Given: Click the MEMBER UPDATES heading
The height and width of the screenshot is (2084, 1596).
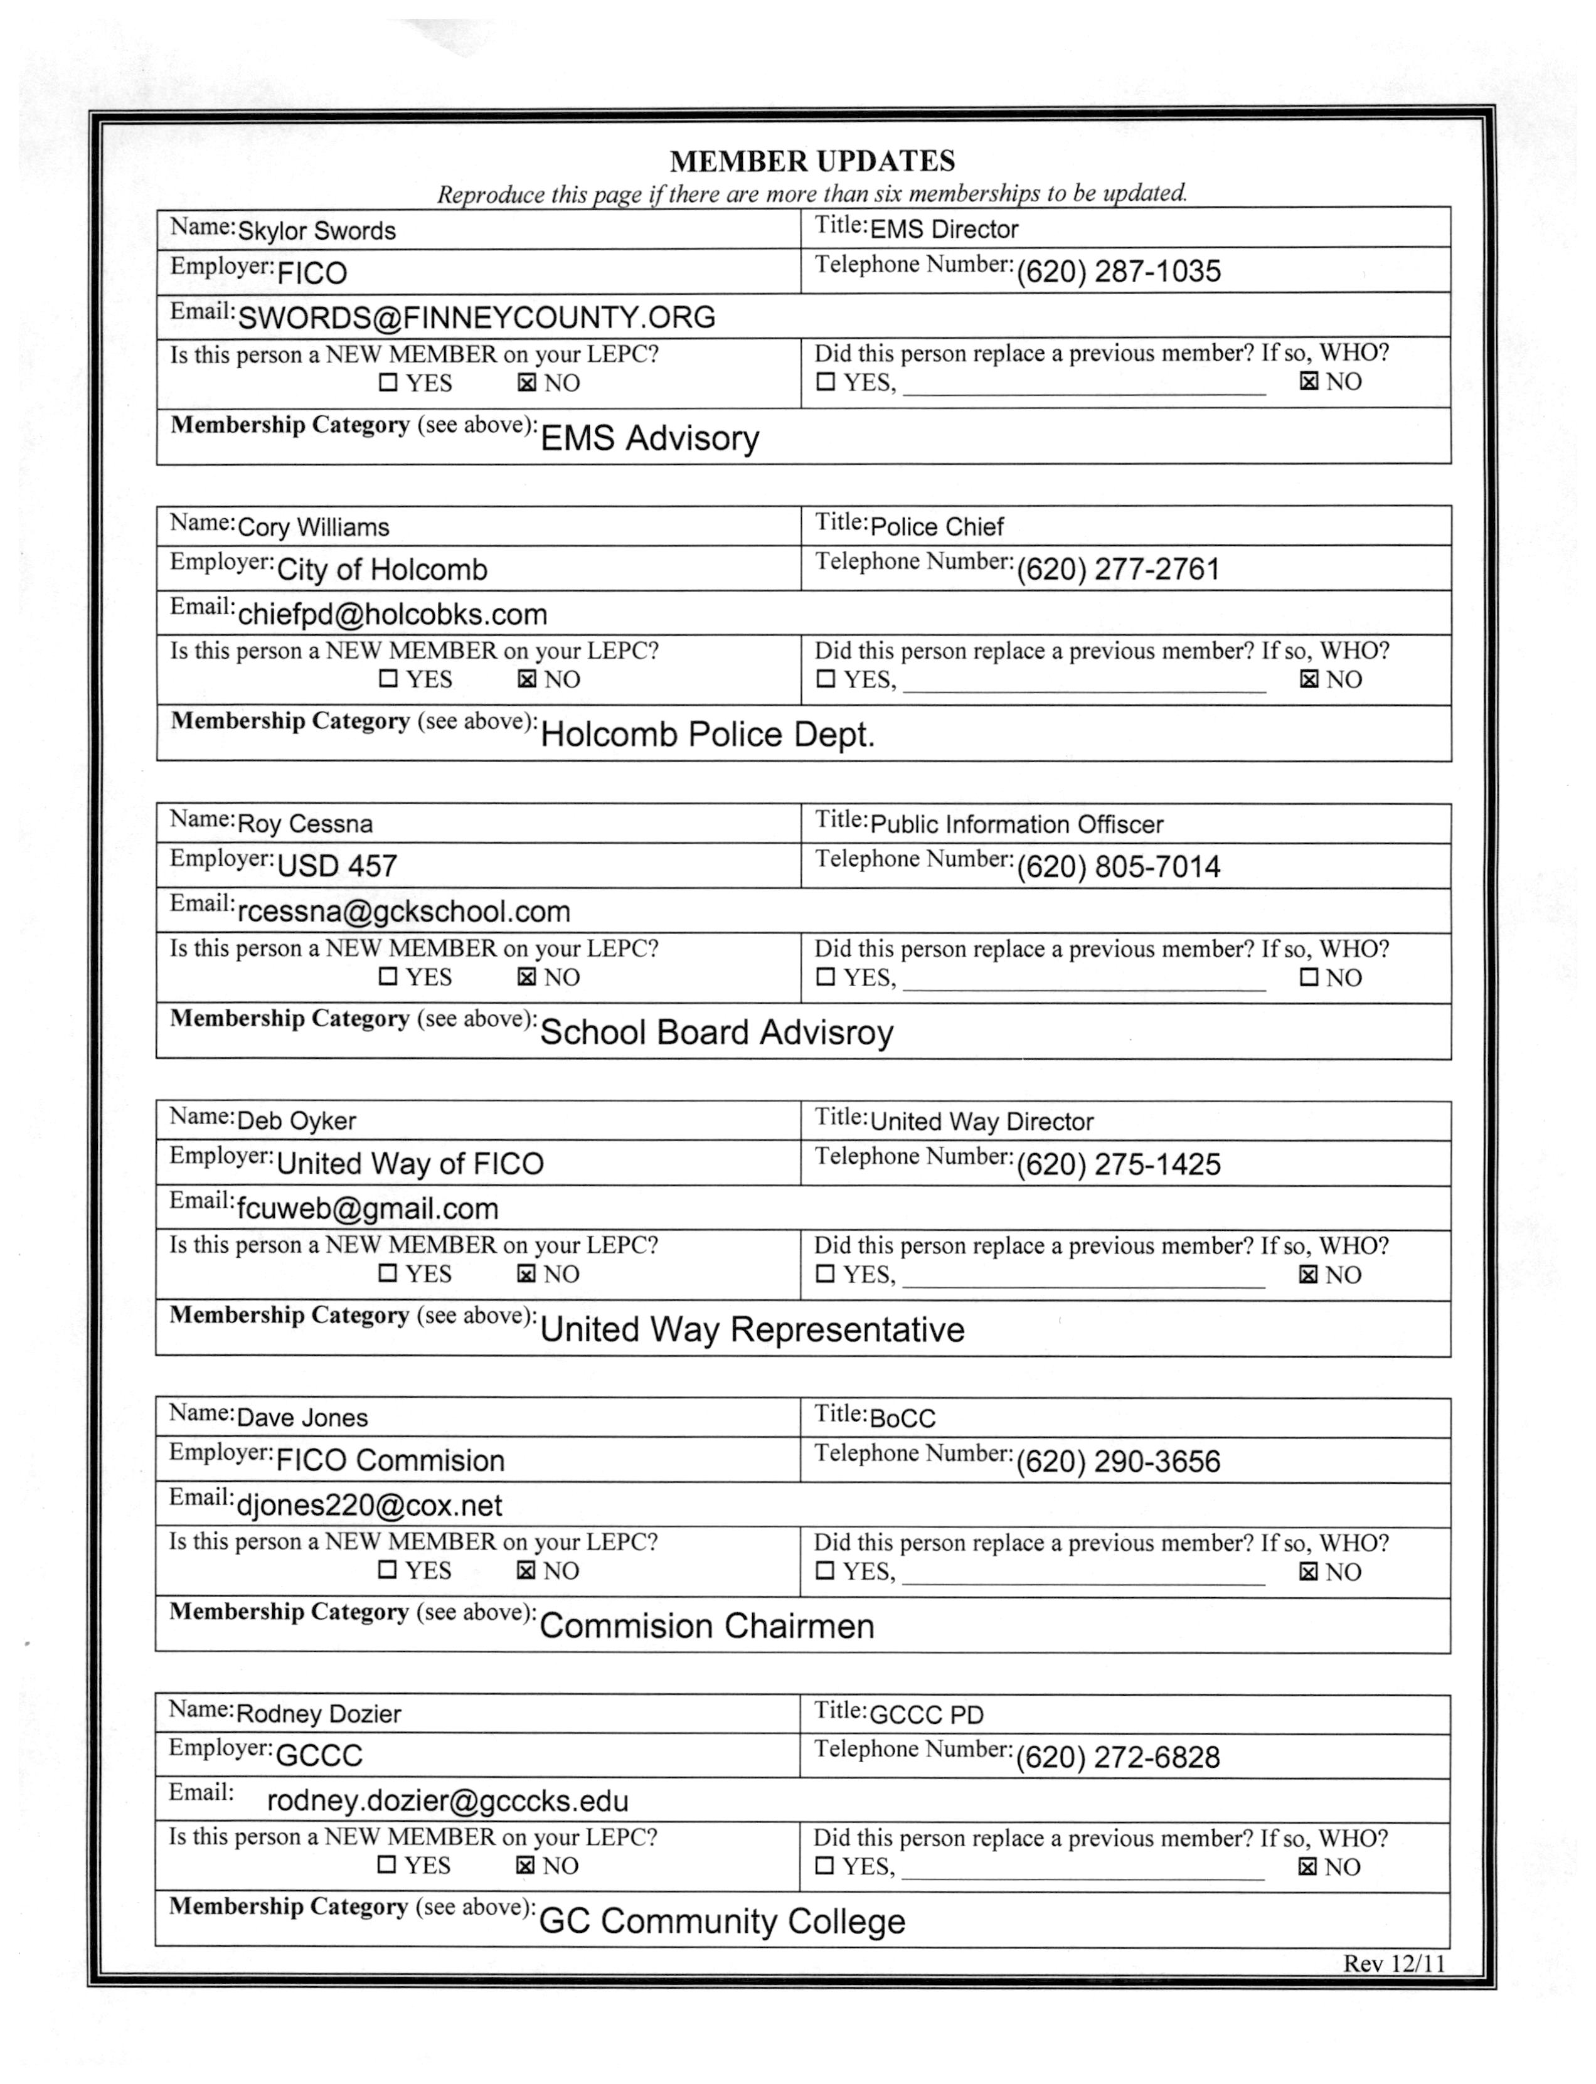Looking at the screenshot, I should (x=812, y=161).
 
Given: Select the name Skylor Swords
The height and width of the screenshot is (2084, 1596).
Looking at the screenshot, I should (x=316, y=231).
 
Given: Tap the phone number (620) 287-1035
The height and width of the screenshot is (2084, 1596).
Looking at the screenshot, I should (x=1118, y=272).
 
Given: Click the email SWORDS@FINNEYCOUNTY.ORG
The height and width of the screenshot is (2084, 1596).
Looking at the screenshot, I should (x=476, y=317).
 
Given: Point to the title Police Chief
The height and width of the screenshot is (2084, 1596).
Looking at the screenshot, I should (x=937, y=527).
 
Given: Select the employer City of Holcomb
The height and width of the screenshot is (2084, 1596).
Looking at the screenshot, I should (x=382, y=570).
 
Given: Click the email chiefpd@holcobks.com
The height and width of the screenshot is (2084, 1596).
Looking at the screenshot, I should (x=392, y=615).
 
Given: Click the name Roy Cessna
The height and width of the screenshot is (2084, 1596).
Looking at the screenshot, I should (x=305, y=824).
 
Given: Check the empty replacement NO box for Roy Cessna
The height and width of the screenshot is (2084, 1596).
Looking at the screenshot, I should (x=1309, y=977).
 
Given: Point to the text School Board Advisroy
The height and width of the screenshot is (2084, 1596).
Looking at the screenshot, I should (x=716, y=1033).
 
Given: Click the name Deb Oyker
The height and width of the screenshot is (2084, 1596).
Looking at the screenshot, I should (x=296, y=1121).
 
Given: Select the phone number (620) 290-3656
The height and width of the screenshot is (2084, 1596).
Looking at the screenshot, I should (x=1118, y=1461).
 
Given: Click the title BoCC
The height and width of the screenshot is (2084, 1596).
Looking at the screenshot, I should (x=903, y=1418).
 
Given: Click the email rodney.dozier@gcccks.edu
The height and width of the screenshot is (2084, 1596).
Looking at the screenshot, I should (x=447, y=1801).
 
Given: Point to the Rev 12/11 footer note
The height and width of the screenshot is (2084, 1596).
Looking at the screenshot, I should (x=1393, y=1964).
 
